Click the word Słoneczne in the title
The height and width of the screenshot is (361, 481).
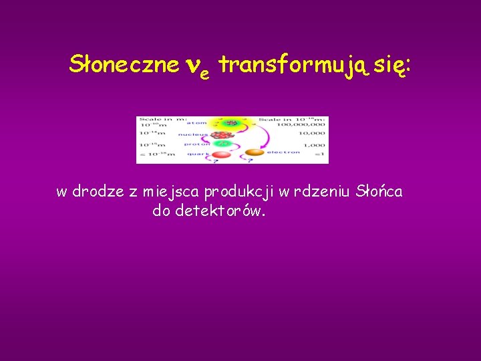point(124,65)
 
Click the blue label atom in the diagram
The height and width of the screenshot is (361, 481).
point(196,123)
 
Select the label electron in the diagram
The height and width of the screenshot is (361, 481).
point(283,152)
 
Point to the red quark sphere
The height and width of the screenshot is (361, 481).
point(221,155)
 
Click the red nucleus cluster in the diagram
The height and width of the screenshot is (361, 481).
point(222,136)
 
